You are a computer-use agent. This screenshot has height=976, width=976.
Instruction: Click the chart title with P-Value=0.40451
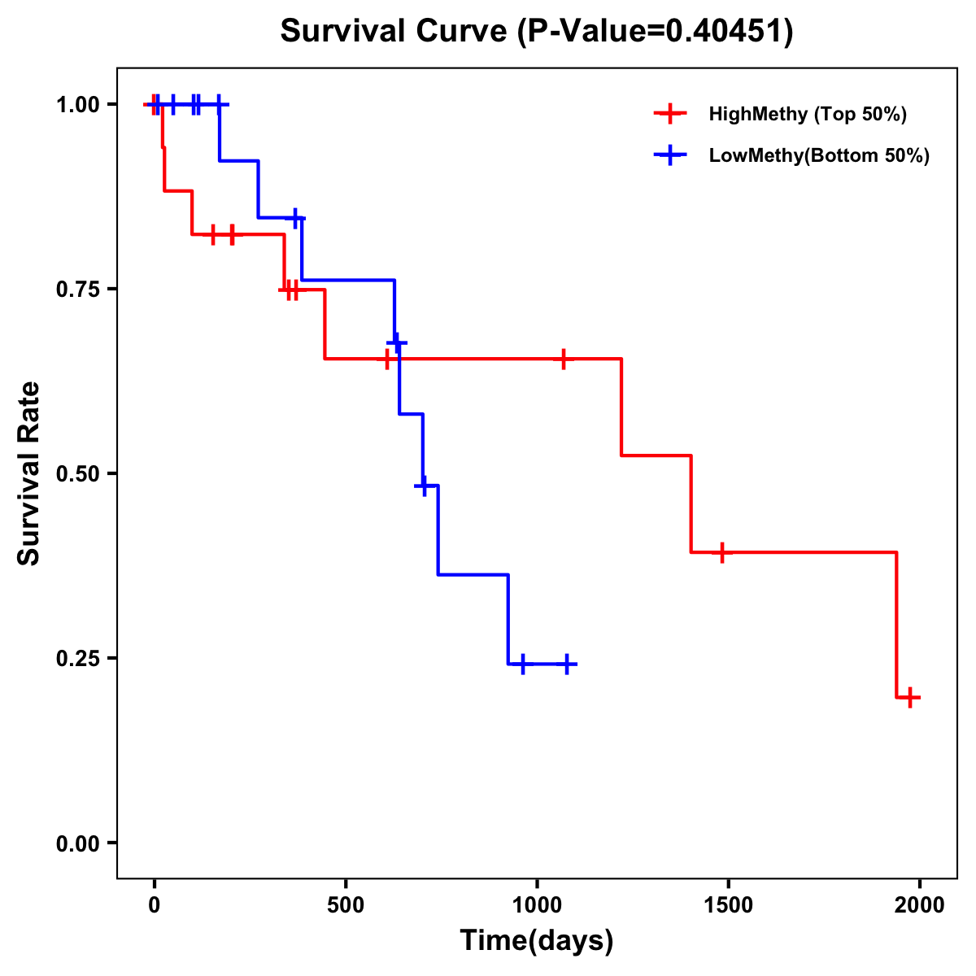coord(536,32)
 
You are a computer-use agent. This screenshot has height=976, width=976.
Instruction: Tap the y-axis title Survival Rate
coord(29,473)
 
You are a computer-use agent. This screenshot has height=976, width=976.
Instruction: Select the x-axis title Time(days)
coord(536,941)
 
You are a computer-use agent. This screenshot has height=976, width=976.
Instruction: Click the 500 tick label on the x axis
coord(346,905)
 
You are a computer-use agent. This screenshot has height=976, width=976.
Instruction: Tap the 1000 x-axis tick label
coord(537,905)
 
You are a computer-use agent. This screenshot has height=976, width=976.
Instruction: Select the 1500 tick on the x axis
coord(728,905)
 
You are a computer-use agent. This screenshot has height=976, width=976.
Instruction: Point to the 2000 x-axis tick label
coord(920,905)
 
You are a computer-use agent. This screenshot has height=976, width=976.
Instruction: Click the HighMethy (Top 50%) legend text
coord(808,114)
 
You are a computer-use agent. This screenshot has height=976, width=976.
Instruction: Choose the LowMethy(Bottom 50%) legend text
coord(819,155)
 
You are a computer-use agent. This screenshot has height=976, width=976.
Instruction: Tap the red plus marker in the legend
coord(670,114)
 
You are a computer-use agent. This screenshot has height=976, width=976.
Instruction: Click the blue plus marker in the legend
coord(670,155)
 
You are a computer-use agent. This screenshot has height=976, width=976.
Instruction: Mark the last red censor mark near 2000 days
coord(910,697)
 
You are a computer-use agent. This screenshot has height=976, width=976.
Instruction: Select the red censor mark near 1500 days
coord(721,552)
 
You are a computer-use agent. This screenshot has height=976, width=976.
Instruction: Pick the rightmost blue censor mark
coord(567,664)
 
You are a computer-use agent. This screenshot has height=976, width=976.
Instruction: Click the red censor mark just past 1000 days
coord(563,359)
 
